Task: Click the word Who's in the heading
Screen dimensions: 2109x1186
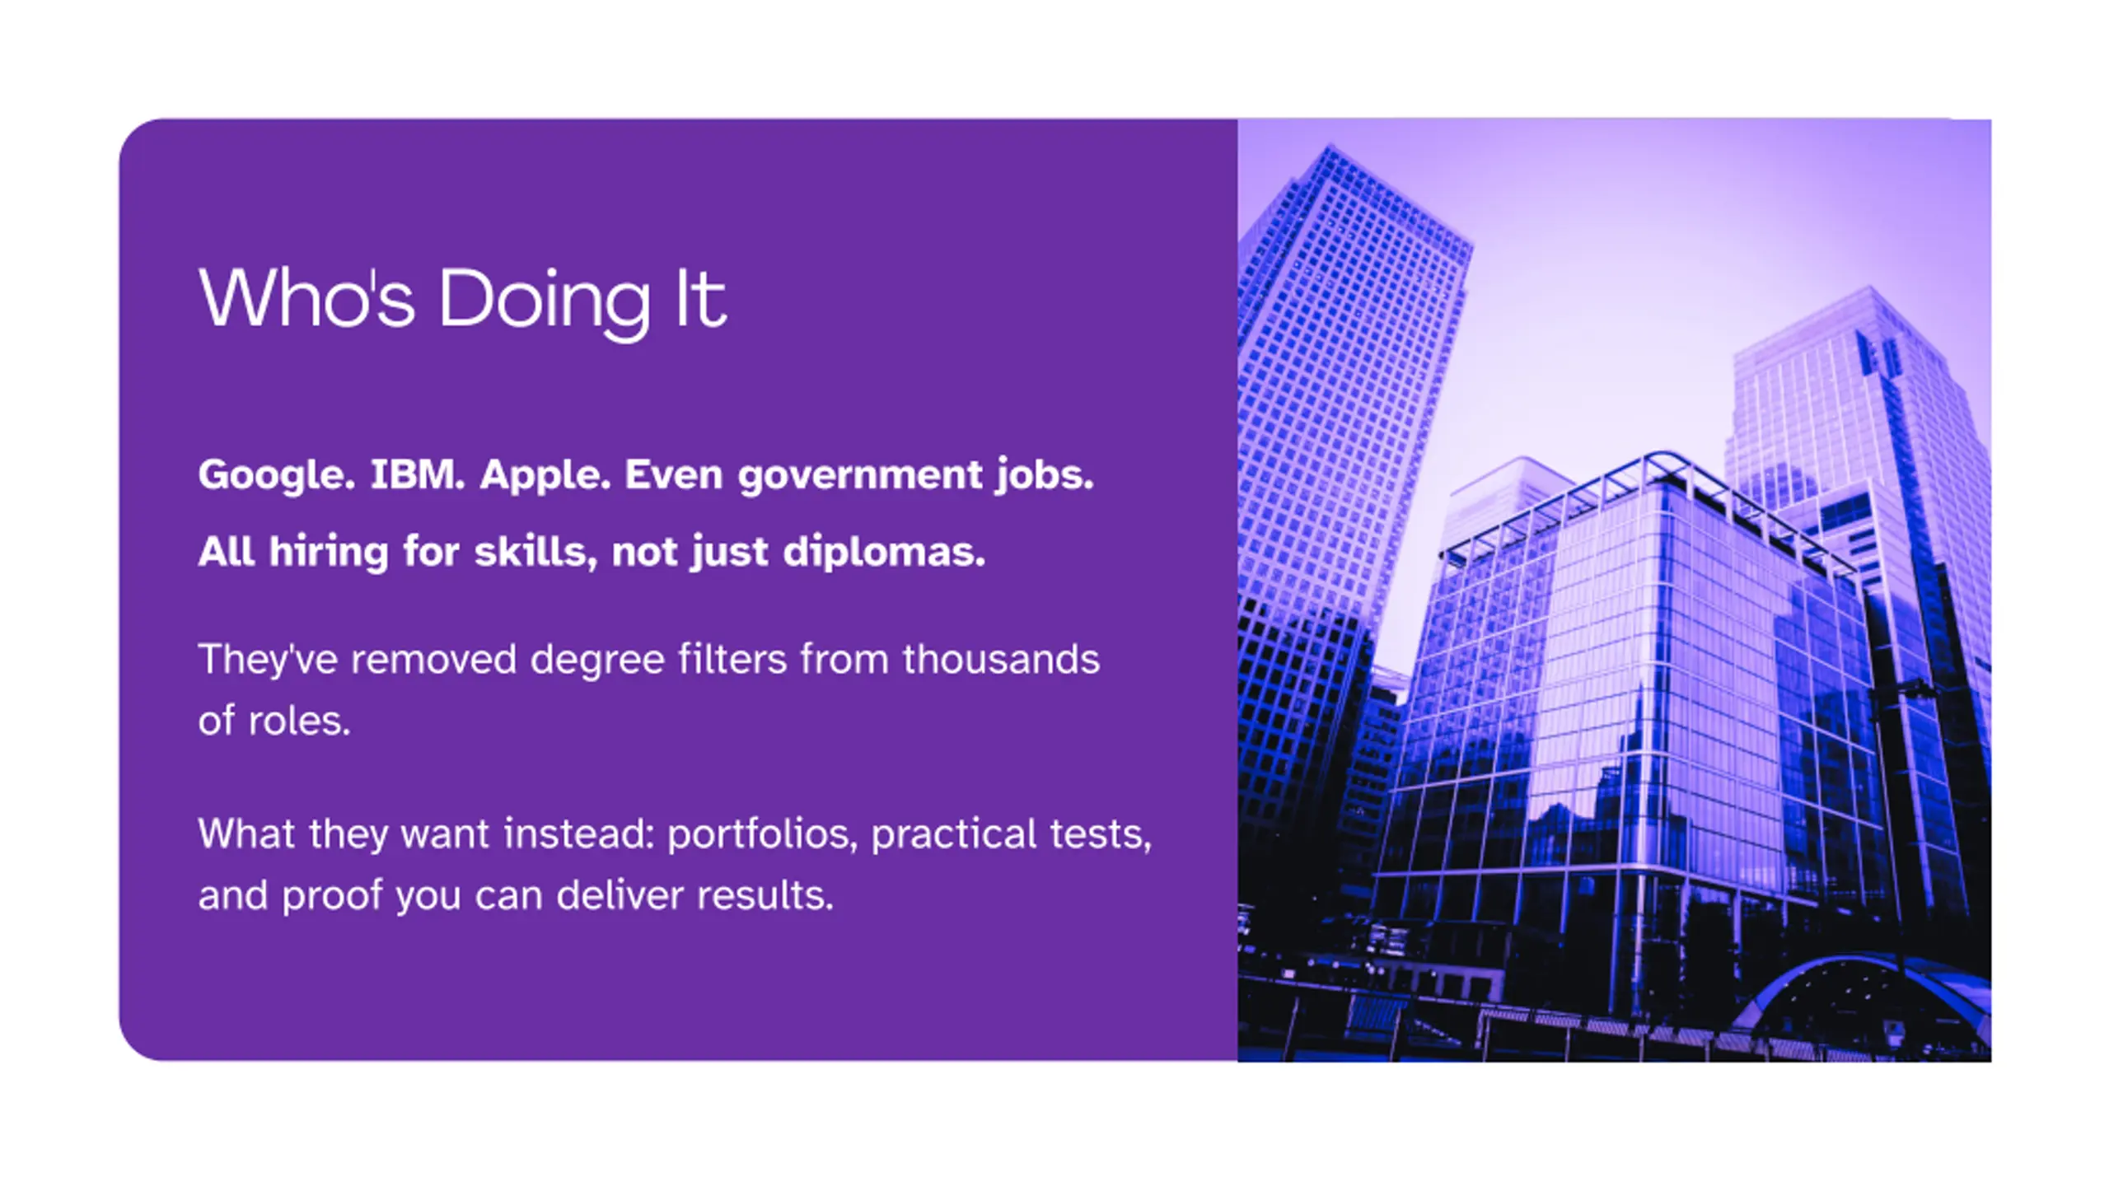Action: [306, 297]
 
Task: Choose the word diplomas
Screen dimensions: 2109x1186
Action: [884, 553]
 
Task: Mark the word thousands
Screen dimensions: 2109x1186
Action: [1001, 659]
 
